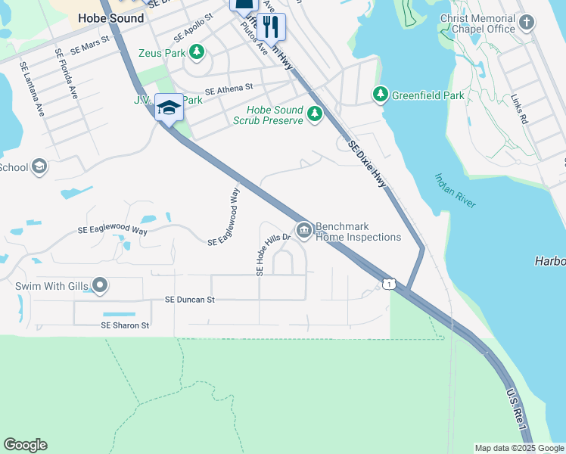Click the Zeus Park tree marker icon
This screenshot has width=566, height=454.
click(x=197, y=52)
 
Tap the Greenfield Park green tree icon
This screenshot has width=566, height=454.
click(x=380, y=95)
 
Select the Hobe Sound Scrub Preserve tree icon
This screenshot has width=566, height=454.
click(x=314, y=115)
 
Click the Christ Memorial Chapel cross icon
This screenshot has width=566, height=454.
click(x=527, y=23)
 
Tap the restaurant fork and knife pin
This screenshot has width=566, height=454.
click(x=271, y=27)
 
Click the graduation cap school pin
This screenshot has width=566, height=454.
click(x=169, y=107)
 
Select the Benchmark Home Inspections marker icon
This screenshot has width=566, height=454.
click(x=303, y=230)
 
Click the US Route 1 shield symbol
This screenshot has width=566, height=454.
click(x=388, y=283)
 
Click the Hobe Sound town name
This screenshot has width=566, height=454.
click(x=111, y=18)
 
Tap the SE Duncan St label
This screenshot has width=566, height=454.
click(x=190, y=300)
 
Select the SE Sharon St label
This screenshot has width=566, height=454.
click(x=126, y=325)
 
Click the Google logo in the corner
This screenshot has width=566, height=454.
click(x=25, y=445)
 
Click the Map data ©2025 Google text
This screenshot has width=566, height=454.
click(x=519, y=448)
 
